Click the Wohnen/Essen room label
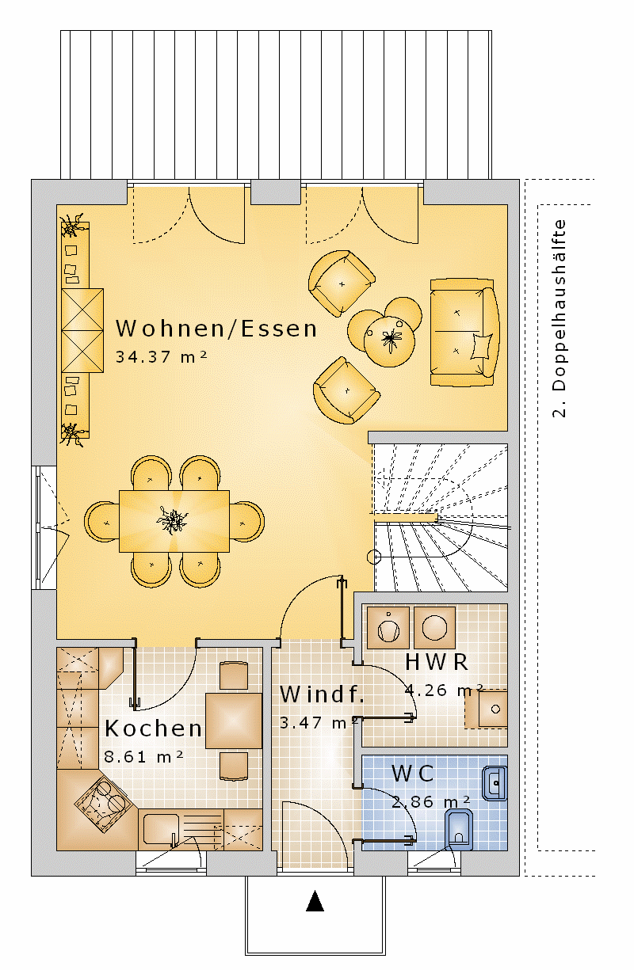click(216, 329)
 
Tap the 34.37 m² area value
click(161, 357)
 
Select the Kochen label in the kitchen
click(154, 728)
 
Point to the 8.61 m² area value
click(144, 756)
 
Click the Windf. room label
click(322, 694)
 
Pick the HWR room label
click(437, 662)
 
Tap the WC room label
click(412, 774)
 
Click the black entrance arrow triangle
click(315, 901)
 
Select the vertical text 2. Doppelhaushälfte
click(560, 318)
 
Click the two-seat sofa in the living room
click(464, 332)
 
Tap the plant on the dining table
click(173, 519)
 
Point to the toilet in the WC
click(459, 829)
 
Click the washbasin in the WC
click(495, 783)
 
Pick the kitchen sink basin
click(161, 829)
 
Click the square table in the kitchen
click(234, 721)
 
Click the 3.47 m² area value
click(319, 723)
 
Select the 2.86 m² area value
click(431, 801)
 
